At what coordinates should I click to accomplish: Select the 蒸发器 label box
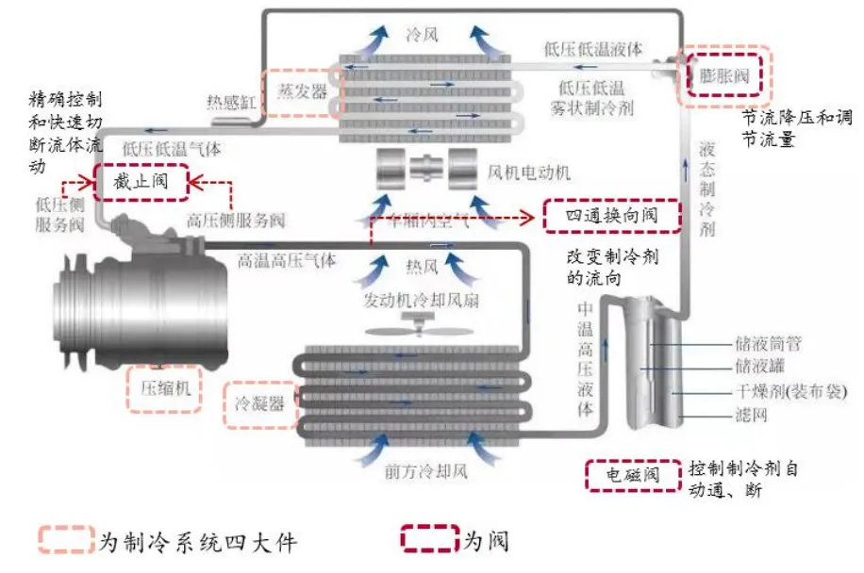coord(301,92)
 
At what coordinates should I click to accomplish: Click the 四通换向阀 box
coord(612,216)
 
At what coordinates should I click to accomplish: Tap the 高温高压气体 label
coord(287,261)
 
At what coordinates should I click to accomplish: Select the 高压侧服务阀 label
coord(236,221)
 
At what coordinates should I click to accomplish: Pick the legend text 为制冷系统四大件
coord(197,541)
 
